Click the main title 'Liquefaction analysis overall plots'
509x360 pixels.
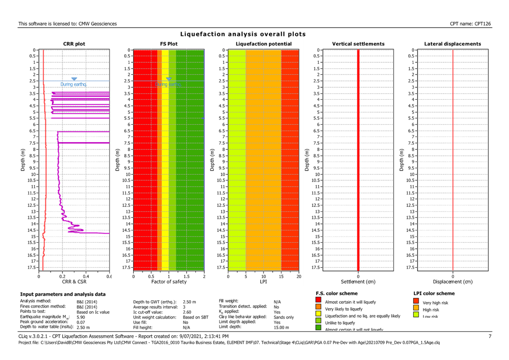(243, 34)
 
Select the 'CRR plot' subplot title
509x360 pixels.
(74, 44)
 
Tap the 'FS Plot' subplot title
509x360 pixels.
(169, 44)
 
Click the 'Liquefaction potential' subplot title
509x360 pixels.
(263, 44)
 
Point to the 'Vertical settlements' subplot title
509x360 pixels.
(358, 44)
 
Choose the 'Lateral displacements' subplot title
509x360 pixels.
(453, 44)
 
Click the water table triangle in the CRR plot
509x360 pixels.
(74, 79)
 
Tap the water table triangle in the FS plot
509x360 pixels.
(169, 79)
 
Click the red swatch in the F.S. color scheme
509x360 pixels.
(319, 302)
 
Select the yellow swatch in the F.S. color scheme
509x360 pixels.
(319, 315)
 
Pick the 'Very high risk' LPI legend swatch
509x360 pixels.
(416, 302)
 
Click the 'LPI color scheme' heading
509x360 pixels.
(434, 293)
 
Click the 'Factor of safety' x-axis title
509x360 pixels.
(169, 281)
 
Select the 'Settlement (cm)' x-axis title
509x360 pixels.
(358, 281)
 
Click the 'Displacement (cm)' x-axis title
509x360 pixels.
(453, 281)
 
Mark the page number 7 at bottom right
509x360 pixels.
(490, 337)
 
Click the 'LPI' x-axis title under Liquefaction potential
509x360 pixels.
(263, 281)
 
